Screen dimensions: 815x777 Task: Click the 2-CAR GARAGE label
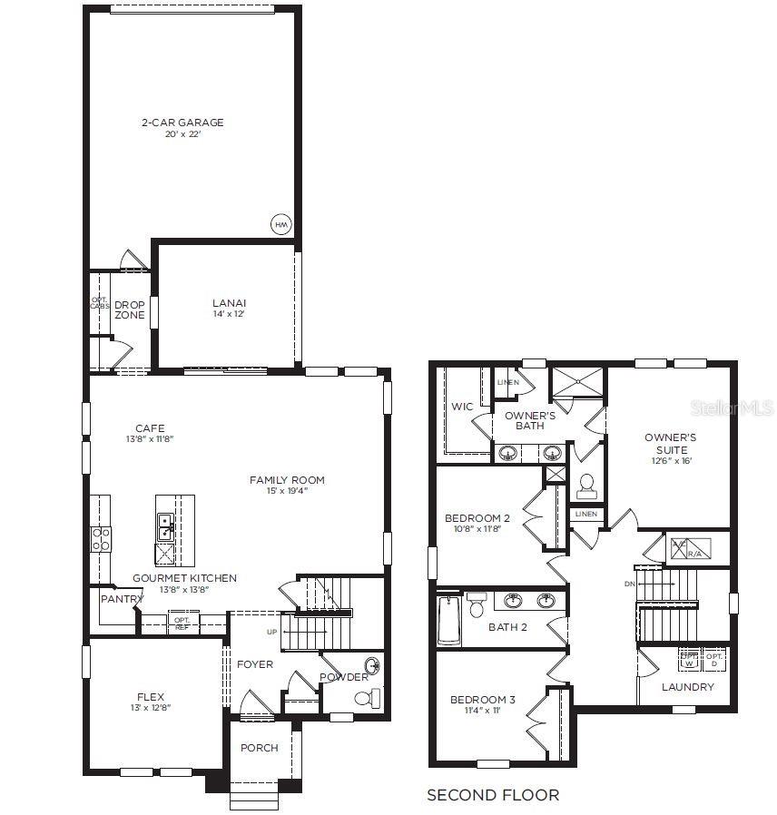point(182,123)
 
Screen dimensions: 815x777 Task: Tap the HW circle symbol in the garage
point(280,224)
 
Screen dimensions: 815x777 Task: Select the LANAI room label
point(229,303)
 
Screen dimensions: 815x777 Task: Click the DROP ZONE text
point(129,309)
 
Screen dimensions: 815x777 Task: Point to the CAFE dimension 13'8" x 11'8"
point(150,439)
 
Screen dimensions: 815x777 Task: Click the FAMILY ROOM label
point(287,480)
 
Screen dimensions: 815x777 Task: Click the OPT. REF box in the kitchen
point(181,622)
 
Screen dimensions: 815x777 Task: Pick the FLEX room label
point(151,697)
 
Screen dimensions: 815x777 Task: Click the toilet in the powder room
point(366,698)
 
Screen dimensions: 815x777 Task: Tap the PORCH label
point(259,748)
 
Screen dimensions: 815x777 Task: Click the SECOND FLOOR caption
point(493,795)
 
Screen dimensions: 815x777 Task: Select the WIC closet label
point(462,407)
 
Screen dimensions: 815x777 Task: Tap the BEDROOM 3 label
point(483,700)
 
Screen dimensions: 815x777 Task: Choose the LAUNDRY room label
point(687,687)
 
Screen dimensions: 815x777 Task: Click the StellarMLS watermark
point(735,410)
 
